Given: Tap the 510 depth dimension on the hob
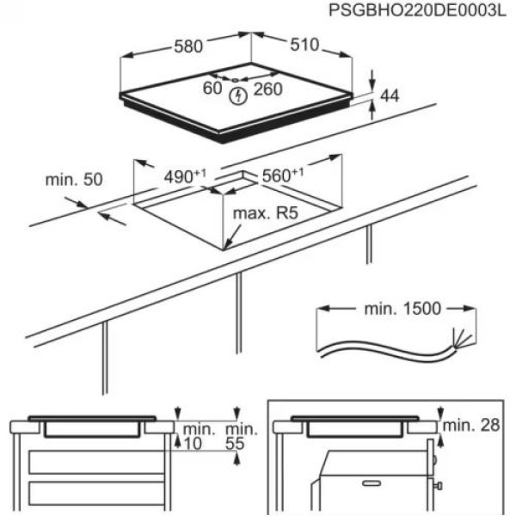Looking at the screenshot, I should tap(302, 44).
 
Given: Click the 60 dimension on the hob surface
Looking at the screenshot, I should tap(212, 88).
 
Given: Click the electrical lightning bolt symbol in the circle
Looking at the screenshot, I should tap(238, 95).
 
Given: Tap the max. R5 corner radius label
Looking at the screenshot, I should tap(269, 211).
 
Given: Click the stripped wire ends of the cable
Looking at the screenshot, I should tap(458, 337).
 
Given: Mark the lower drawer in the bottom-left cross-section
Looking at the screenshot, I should tap(95, 494).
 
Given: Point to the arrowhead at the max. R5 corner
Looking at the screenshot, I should tap(225, 248).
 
